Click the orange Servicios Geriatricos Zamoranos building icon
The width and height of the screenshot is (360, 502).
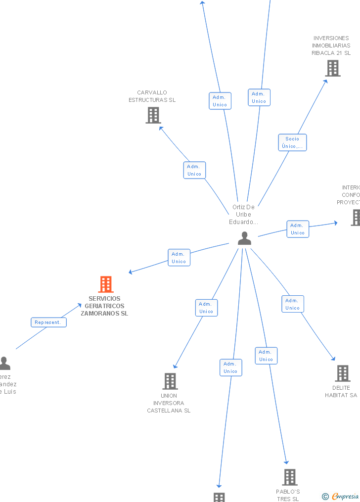pos(106,284)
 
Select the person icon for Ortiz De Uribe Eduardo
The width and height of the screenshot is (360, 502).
pos(244,238)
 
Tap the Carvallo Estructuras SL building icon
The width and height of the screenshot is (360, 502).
pos(153,115)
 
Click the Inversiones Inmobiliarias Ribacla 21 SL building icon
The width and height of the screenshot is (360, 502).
pos(333,68)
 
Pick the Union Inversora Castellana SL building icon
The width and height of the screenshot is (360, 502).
pos(170,381)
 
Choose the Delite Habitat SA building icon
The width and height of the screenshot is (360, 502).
pos(342,373)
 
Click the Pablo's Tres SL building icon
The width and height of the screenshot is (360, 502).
pos(290,477)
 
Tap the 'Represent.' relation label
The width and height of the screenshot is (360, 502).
pos(48,322)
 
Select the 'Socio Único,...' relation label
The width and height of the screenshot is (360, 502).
pos(292,142)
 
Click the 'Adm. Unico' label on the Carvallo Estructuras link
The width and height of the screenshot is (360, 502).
pos(194,170)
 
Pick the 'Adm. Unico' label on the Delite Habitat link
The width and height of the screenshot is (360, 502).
pos(293,304)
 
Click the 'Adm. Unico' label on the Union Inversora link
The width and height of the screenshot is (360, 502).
pos(206,308)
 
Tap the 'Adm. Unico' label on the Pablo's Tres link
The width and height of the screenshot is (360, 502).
pos(266,356)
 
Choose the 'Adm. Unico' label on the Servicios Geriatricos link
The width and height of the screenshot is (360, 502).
pos(179,258)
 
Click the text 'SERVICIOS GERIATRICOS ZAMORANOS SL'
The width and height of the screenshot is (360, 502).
pos(104,306)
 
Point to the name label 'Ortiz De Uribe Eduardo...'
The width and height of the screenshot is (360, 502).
pos(243,215)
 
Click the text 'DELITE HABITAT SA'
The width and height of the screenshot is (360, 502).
pos(341,391)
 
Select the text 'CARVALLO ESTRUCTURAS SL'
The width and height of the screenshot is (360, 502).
pos(152,96)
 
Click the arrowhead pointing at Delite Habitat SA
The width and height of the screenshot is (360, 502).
pos(334,359)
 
